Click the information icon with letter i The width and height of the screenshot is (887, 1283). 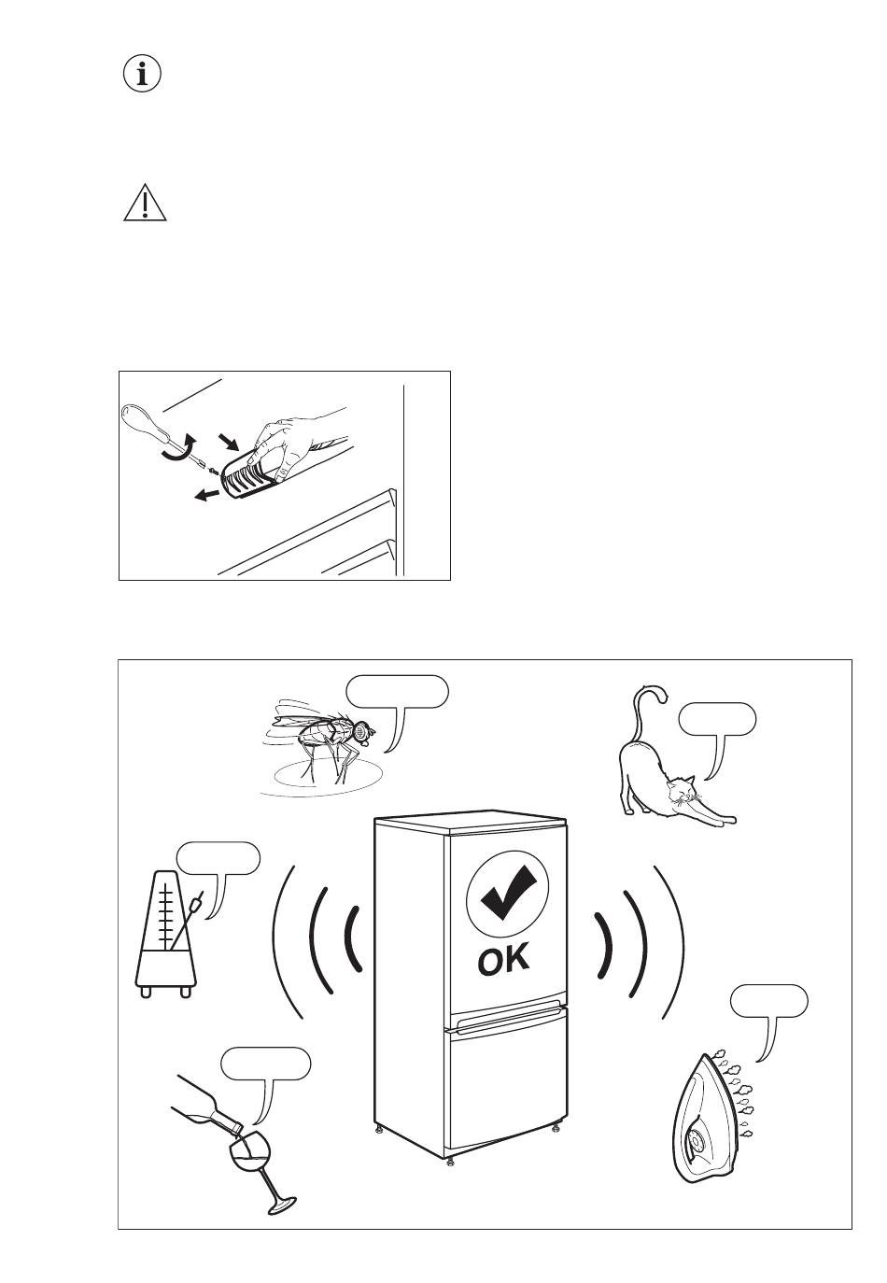point(143,74)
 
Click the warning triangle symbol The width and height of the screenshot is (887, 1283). point(145,204)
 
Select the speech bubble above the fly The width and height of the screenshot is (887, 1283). point(397,691)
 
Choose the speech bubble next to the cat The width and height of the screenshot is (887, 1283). point(716,719)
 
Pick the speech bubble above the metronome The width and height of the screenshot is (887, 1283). point(218,858)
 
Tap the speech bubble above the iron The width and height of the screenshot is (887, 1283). point(769,1000)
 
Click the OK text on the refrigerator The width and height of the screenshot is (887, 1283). point(504,960)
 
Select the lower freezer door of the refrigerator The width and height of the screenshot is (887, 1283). point(507,1082)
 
